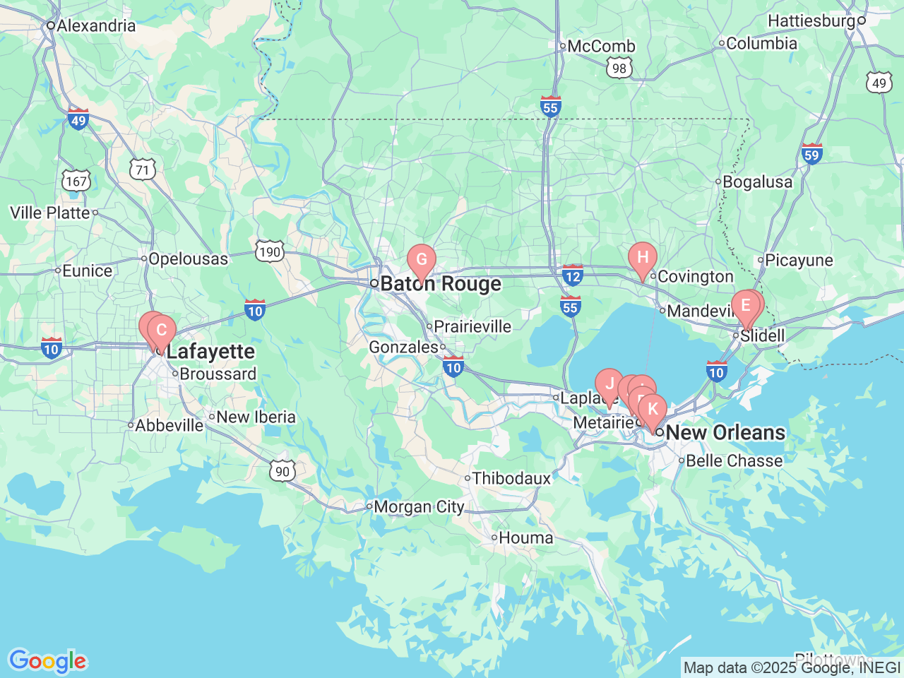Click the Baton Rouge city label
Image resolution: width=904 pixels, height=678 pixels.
point(440,284)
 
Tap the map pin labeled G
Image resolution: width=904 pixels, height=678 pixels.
point(422,260)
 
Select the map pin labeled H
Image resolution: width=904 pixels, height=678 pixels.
point(643,257)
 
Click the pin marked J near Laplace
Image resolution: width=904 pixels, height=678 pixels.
point(609,385)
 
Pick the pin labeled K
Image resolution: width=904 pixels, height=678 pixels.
point(653,409)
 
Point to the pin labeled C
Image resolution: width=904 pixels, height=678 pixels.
point(162,331)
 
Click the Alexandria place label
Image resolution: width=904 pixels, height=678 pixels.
point(95,26)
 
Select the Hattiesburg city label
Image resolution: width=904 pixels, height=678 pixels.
point(811,21)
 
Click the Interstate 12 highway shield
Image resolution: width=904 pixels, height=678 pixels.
point(572,276)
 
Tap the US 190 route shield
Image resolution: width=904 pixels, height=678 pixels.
point(270,251)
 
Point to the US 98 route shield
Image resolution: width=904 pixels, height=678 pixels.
point(619,68)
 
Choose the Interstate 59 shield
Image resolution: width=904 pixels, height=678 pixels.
point(811,155)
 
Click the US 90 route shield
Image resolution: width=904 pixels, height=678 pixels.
point(282,472)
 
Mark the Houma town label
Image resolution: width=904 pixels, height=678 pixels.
point(525,538)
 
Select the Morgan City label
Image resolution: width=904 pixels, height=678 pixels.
point(418,507)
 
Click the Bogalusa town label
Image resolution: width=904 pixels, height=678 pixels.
point(757,182)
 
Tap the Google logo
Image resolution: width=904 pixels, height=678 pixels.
point(47,662)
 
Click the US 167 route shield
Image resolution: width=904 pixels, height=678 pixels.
point(76,181)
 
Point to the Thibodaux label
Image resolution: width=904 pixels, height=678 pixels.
point(511,479)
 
